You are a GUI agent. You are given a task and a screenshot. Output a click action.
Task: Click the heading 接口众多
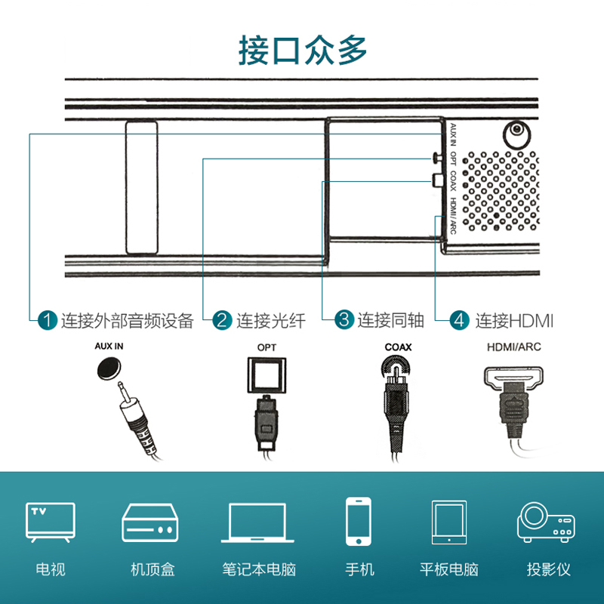tap(303, 50)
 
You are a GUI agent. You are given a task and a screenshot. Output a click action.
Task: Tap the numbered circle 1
tap(48, 320)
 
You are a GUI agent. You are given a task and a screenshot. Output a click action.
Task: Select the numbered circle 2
tap(222, 320)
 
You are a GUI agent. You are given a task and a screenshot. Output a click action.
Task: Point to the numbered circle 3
tap(344, 319)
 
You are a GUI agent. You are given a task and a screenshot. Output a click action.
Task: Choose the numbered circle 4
tap(460, 320)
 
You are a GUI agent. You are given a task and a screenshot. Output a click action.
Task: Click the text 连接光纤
tap(271, 321)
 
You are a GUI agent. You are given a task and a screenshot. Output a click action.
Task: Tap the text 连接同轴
tap(391, 320)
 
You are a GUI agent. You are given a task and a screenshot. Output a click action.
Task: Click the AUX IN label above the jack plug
tap(109, 347)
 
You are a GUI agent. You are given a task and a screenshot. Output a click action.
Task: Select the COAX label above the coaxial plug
tap(399, 347)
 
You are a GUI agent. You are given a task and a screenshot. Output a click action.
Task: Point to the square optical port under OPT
tap(267, 374)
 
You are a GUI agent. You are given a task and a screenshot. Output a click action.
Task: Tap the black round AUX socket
tap(109, 368)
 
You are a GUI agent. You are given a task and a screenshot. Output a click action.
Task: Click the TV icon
tap(51, 522)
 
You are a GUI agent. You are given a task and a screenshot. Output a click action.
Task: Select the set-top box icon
tap(150, 522)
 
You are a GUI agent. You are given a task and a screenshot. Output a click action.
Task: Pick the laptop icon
tap(257, 522)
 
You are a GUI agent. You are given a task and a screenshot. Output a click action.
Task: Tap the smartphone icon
tap(359, 521)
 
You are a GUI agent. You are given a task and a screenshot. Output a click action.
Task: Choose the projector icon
tap(546, 522)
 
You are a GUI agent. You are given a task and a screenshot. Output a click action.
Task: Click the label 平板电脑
tap(449, 569)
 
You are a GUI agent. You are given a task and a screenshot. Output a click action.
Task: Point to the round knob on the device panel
tap(517, 135)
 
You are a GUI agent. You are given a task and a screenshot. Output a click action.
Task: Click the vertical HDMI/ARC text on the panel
tap(453, 215)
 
